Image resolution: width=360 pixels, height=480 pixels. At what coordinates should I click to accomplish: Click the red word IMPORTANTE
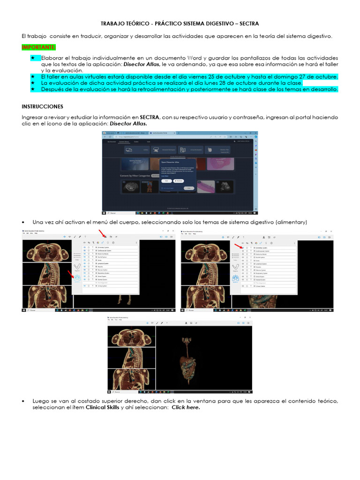[x=39, y=47]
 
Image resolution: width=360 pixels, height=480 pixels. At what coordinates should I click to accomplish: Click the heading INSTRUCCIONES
[x=43, y=106]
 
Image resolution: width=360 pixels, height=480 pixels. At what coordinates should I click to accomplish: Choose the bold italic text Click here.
[x=186, y=407]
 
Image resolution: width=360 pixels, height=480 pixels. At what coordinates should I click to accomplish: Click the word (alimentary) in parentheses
[x=292, y=222]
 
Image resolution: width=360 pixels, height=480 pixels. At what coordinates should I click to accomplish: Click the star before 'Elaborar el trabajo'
[x=33, y=57]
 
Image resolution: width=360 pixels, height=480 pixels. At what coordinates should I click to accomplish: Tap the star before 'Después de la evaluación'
[x=33, y=89]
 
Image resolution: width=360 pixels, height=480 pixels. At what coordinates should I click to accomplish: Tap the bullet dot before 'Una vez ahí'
[x=23, y=222]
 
